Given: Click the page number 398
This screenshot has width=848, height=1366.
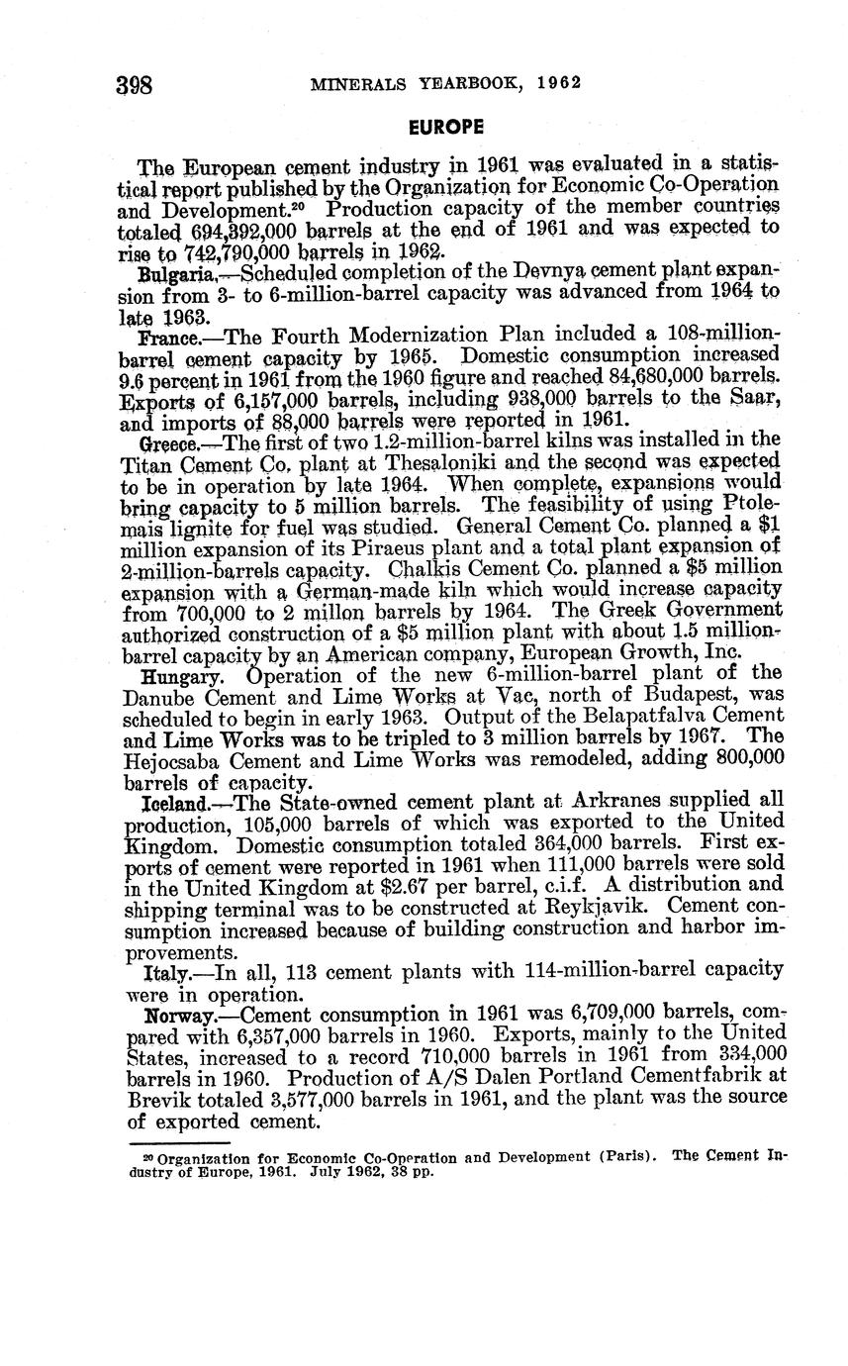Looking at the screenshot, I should [x=134, y=84].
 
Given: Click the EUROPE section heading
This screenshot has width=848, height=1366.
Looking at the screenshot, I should [x=447, y=128].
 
